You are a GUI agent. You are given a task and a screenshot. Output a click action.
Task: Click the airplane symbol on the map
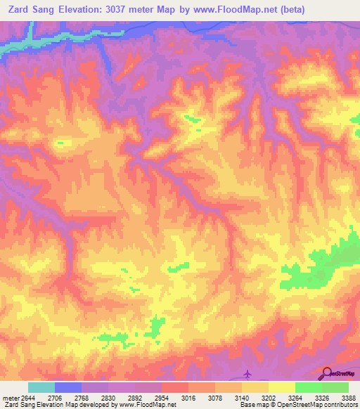pyautogui.click(x=246, y=373)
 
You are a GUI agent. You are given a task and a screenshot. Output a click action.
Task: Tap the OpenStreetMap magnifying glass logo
pyautogui.click(x=327, y=372)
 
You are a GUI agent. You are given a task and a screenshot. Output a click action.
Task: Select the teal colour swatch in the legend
pyautogui.click(x=41, y=387)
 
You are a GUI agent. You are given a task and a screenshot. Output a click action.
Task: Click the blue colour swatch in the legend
pyautogui.click(x=68, y=387)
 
